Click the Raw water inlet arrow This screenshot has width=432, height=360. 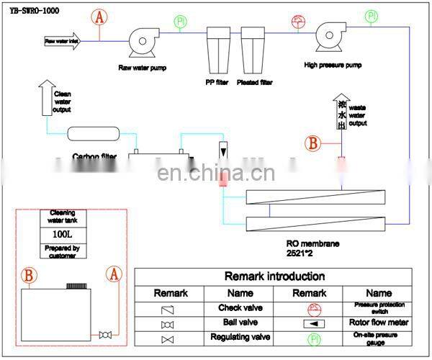click(69, 41)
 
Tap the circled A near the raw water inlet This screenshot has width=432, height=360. click(102, 17)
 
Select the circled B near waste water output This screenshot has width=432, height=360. click(312, 143)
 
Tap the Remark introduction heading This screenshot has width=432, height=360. click(274, 276)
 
